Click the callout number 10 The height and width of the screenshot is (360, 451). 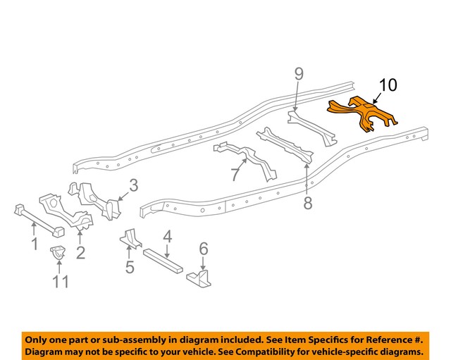point(388,86)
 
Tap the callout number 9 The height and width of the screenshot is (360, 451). point(298,74)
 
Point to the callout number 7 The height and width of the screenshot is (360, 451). point(235,174)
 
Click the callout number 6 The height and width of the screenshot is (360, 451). point(203,248)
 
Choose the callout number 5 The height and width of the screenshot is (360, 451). point(130,267)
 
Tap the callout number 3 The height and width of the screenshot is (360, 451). point(132,186)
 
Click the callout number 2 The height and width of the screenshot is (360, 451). point(80,252)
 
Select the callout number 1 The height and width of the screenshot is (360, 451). point(34,244)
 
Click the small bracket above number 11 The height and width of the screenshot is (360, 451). point(57,253)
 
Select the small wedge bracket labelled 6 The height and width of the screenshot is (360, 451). point(198,279)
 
